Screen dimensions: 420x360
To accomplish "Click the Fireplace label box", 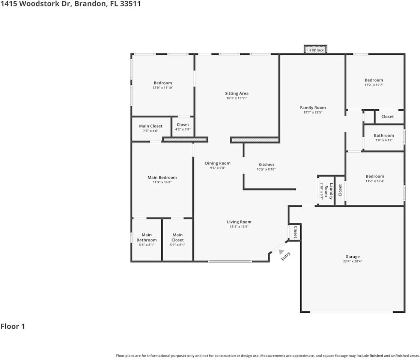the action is click(x=316, y=49).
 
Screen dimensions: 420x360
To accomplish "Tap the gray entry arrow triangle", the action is click(x=281, y=252).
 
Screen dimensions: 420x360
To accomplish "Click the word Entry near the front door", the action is click(x=286, y=256).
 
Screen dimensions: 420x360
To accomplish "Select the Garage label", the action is click(x=352, y=256).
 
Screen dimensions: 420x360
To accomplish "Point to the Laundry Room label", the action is click(x=329, y=191).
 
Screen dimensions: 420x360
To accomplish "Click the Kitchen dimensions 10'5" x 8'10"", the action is click(x=266, y=169).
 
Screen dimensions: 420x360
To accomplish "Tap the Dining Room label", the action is click(x=218, y=163).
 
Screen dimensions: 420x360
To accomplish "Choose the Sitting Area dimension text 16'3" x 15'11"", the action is click(x=237, y=98).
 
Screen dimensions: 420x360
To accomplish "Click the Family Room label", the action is click(x=313, y=108).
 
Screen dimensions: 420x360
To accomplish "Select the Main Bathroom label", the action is click(x=146, y=237).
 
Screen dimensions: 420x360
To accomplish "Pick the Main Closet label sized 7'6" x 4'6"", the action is click(x=151, y=126).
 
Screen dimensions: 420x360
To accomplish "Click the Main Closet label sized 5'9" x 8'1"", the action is click(x=178, y=237).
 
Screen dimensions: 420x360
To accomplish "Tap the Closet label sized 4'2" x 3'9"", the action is click(x=183, y=125).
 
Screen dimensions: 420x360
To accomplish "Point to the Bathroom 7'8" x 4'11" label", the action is click(x=384, y=135).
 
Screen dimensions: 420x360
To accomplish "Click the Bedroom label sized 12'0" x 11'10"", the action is click(x=163, y=83).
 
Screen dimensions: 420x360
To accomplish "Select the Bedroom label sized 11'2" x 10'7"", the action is click(x=374, y=80).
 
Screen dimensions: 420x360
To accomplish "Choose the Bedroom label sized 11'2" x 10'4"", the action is click(x=375, y=176).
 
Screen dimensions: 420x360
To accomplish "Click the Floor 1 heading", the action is click(x=13, y=326).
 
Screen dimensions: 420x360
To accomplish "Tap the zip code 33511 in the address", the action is click(x=131, y=4).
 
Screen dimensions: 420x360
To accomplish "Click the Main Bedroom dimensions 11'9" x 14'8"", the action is click(x=162, y=182).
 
